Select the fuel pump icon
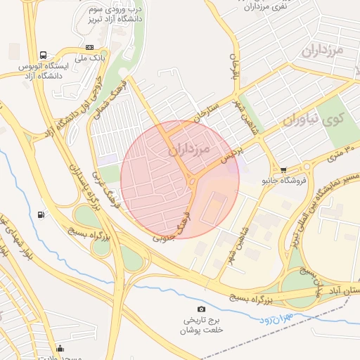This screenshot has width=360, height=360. (x=44, y=214)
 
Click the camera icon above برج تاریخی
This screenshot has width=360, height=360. (x=202, y=309)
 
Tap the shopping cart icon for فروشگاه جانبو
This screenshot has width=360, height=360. (x=283, y=170)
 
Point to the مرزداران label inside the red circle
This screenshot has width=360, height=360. (x=190, y=150)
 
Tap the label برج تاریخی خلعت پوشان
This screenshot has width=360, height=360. (x=201, y=325)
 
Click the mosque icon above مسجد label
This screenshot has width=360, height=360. (x=60, y=348)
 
